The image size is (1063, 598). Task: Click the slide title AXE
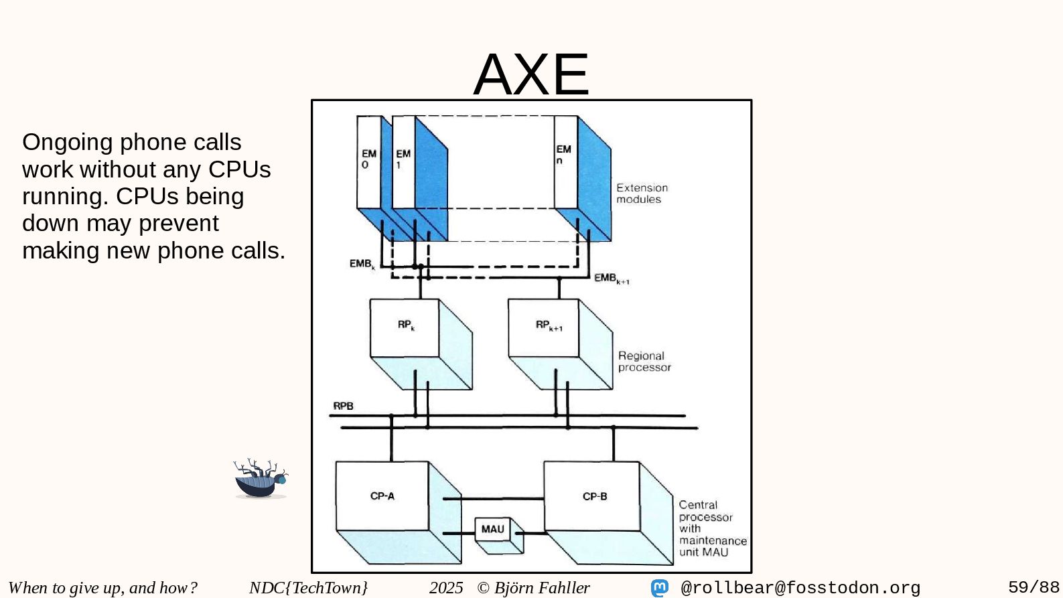[x=531, y=74]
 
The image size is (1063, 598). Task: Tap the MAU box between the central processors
[x=493, y=529]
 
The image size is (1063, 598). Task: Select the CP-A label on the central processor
[x=382, y=496]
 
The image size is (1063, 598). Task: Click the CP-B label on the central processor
[x=595, y=496]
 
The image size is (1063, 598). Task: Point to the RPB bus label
[x=343, y=406]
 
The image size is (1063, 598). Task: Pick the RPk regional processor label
[x=406, y=325]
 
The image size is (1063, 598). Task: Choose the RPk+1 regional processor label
[x=549, y=325]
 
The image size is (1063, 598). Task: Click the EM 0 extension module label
[x=368, y=159]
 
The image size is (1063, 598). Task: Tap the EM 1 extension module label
[x=403, y=159]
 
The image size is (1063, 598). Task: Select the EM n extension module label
[x=563, y=154]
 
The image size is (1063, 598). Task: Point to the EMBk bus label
[x=362, y=264]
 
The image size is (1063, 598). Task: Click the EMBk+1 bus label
[x=611, y=278]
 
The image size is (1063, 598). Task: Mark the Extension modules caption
[x=641, y=194]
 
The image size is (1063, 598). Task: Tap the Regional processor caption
[x=644, y=362]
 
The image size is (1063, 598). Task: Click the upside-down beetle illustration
[x=261, y=479]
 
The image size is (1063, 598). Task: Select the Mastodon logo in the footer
[x=660, y=588]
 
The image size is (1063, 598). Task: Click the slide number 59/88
[x=1034, y=587]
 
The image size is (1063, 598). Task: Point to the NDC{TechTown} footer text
[x=308, y=588]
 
